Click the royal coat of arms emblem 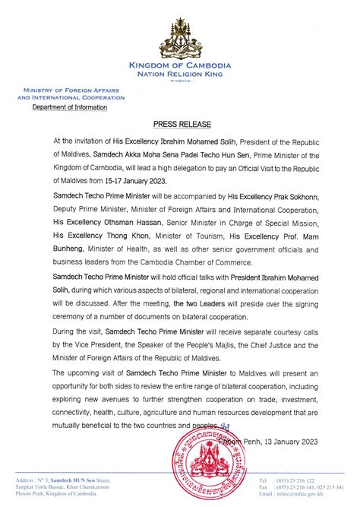[x=181, y=33]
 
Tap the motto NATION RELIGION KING [x=181, y=76]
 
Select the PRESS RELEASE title [x=180, y=122]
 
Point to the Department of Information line [x=69, y=107]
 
